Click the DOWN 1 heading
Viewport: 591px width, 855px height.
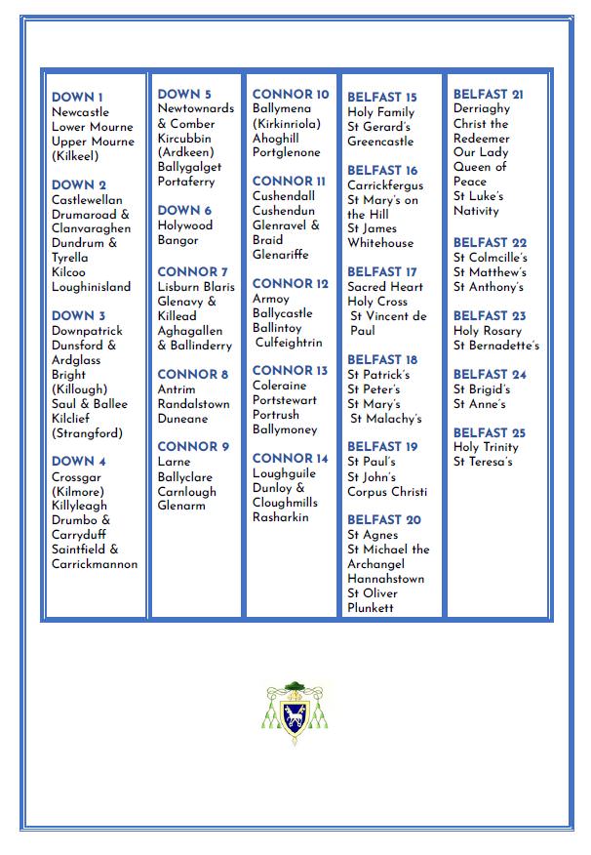point(77,98)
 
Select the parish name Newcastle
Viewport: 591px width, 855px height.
point(80,112)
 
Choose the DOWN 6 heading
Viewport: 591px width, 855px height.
point(184,211)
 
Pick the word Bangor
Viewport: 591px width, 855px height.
point(178,240)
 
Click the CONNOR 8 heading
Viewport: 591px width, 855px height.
point(193,375)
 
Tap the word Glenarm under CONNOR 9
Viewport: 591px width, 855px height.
point(182,506)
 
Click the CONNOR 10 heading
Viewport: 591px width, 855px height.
point(291,95)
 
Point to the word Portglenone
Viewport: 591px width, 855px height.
point(286,153)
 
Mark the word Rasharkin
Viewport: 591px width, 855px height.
point(280,517)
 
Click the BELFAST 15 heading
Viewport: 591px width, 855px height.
point(382,98)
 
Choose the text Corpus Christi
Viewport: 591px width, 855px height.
point(386,492)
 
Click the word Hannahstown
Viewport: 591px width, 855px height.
point(386,579)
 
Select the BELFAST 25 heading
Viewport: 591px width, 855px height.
point(490,432)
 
